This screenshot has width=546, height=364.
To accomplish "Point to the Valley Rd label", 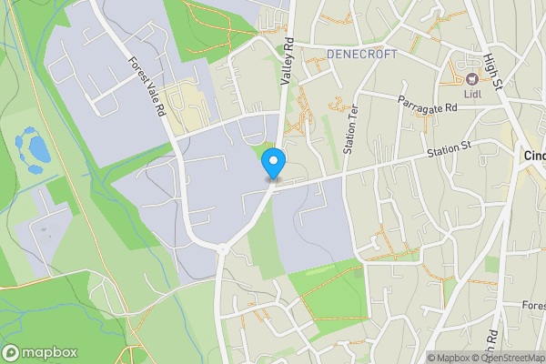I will (287, 63).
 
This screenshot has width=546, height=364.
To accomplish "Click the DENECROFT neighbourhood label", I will (362, 55).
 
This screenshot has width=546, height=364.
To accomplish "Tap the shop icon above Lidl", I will (472, 77).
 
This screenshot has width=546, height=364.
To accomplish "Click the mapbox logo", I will (40, 352).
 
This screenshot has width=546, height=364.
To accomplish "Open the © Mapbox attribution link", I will (448, 358).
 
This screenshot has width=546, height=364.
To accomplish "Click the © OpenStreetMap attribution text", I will (508, 358).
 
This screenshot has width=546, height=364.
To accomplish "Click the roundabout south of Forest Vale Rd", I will (221, 248).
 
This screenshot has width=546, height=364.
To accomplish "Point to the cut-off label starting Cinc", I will (534, 156).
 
